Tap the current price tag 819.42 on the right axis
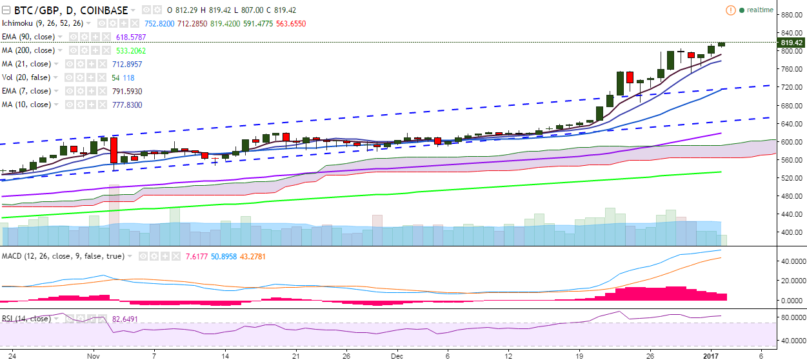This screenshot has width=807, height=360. coord(792,43)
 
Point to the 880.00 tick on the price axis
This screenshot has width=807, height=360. coord(791,14)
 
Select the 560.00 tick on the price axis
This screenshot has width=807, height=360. coord(791,159)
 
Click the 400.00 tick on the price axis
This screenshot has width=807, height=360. coord(791,232)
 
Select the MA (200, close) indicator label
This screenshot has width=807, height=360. coord(29,50)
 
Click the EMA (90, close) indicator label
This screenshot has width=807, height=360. coord(30,37)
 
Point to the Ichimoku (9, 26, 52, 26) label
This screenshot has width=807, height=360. coord(40,23)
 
